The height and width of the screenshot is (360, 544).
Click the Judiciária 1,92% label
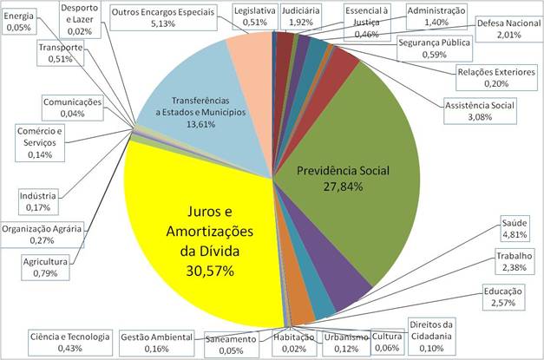point(303,15)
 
